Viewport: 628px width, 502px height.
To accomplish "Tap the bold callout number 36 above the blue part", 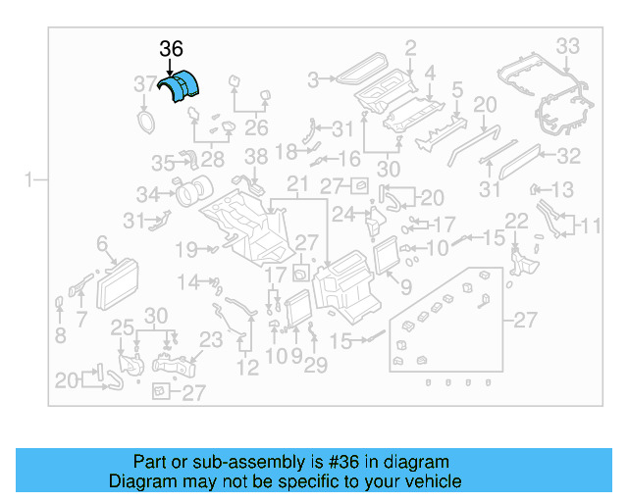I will (x=172, y=50).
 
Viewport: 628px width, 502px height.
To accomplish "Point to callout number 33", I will (x=568, y=46).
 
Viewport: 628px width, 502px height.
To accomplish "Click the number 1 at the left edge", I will (x=30, y=179).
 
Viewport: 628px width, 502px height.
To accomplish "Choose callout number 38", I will (x=255, y=157).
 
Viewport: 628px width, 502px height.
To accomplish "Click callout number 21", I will (x=297, y=185).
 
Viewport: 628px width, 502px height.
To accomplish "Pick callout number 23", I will (x=212, y=341).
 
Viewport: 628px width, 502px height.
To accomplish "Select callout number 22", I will (x=517, y=221).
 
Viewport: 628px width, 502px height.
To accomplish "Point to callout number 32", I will (x=569, y=156).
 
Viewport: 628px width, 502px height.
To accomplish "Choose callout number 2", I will (x=410, y=46).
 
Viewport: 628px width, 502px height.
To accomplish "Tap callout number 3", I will (x=314, y=79).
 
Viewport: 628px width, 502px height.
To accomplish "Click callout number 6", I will (x=101, y=242).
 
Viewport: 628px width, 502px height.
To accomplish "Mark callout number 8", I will (x=60, y=336).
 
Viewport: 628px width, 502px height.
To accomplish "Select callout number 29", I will (x=315, y=366).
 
